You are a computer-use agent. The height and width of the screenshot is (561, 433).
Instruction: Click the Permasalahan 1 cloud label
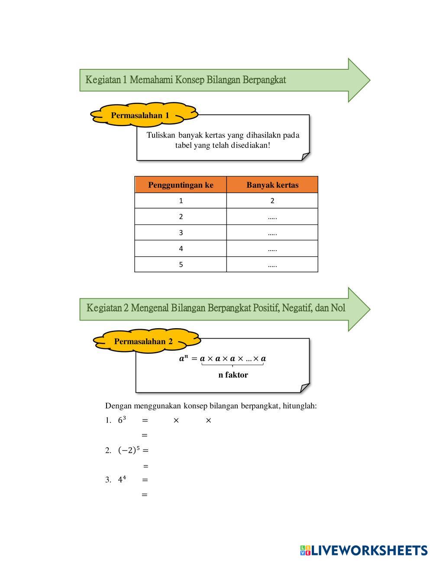(140, 115)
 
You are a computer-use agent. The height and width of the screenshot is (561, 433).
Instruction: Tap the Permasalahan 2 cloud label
(143, 341)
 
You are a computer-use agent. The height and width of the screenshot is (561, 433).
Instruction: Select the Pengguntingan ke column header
(181, 185)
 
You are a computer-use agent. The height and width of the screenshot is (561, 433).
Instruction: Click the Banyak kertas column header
(272, 185)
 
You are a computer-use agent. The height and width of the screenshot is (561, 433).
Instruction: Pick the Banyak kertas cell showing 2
(272, 201)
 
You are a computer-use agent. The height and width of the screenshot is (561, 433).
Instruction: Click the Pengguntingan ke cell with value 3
(181, 233)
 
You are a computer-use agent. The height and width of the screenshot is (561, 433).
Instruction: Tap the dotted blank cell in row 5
(272, 264)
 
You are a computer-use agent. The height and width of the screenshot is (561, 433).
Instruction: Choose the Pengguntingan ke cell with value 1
(181, 201)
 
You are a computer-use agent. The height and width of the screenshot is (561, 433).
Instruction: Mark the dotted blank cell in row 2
(272, 217)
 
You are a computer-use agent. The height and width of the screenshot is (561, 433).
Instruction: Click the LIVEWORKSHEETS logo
(364, 550)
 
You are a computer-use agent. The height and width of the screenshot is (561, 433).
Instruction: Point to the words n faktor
(233, 375)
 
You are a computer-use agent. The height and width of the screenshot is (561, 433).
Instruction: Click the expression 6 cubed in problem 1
(122, 420)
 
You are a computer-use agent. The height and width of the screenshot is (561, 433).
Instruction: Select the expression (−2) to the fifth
(129, 450)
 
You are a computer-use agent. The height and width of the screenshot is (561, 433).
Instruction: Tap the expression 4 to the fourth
(122, 479)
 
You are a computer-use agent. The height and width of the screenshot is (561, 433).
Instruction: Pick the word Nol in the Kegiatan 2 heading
(338, 308)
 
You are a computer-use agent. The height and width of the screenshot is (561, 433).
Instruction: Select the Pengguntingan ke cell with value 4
(181, 249)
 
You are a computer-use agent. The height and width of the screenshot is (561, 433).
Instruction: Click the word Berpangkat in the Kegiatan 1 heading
(264, 80)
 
